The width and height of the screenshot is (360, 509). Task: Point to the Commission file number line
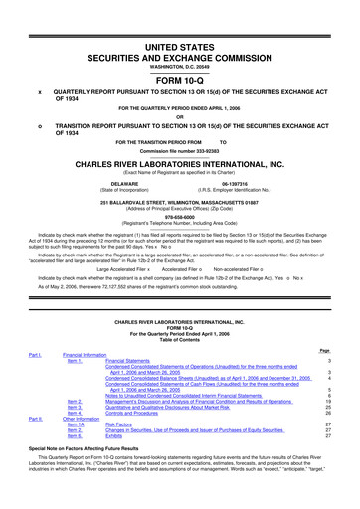click(180, 164)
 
